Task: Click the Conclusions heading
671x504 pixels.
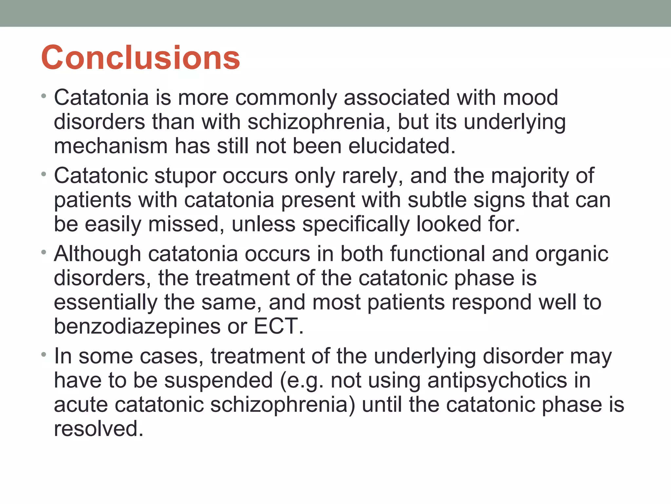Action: [141, 58]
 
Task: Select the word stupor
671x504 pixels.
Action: [185, 176]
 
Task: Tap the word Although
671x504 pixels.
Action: [97, 254]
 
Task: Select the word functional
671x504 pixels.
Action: [437, 254]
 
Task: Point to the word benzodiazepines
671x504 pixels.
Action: [137, 326]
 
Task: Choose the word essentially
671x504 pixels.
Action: [105, 302]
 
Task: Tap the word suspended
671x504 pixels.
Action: [218, 381]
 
